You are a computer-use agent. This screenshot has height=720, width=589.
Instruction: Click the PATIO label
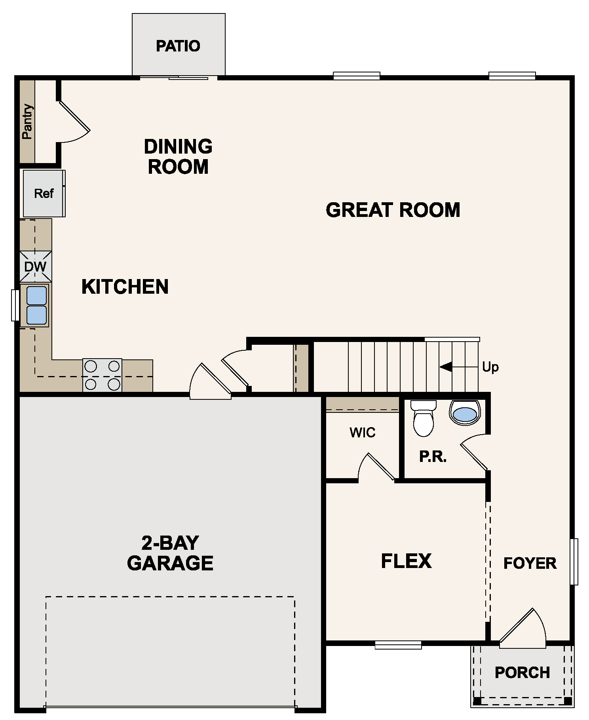[x=178, y=46]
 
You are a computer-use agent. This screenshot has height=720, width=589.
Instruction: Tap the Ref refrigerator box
[x=44, y=194]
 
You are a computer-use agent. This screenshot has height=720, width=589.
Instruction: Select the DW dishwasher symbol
[x=35, y=266]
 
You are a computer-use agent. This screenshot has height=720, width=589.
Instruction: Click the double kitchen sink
[x=36, y=305]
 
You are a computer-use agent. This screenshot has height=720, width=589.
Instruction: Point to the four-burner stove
[x=102, y=375]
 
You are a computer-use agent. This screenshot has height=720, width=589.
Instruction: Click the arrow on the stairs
[x=446, y=367]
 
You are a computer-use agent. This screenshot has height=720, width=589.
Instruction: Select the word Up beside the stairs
[x=490, y=367]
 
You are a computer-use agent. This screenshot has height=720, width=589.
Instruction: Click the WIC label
[x=362, y=432]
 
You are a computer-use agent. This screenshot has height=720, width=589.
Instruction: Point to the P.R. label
[x=433, y=457]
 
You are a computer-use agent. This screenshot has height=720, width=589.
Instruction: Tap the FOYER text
[x=530, y=563]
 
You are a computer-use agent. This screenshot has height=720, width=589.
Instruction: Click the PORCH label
[x=522, y=673]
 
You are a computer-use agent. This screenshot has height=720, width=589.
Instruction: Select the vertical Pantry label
[x=27, y=122]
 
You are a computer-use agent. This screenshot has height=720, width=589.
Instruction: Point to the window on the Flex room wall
[x=398, y=645]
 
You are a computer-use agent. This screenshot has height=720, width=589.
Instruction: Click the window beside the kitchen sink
[x=15, y=305]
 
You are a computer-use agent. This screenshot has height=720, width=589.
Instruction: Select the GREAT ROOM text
[x=393, y=210]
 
